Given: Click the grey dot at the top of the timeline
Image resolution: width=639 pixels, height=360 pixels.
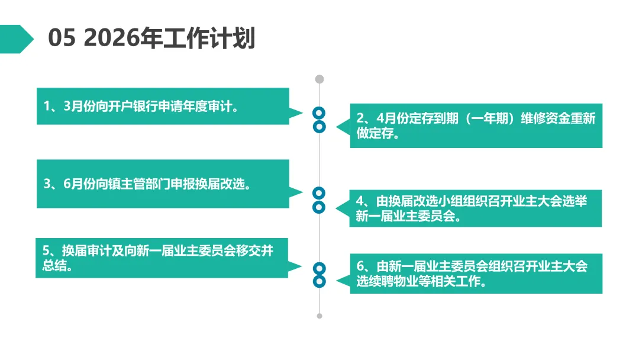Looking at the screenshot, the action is pyautogui.click(x=319, y=79).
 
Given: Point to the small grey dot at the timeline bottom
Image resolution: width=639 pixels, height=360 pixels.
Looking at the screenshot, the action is pyautogui.click(x=319, y=316).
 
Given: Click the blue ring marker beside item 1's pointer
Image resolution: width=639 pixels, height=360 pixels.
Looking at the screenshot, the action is pyautogui.click(x=319, y=112).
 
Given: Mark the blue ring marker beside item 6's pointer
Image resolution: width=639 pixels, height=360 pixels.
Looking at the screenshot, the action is pyautogui.click(x=319, y=281).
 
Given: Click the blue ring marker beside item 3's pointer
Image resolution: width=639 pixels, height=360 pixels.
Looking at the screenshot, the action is pyautogui.click(x=319, y=192).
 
